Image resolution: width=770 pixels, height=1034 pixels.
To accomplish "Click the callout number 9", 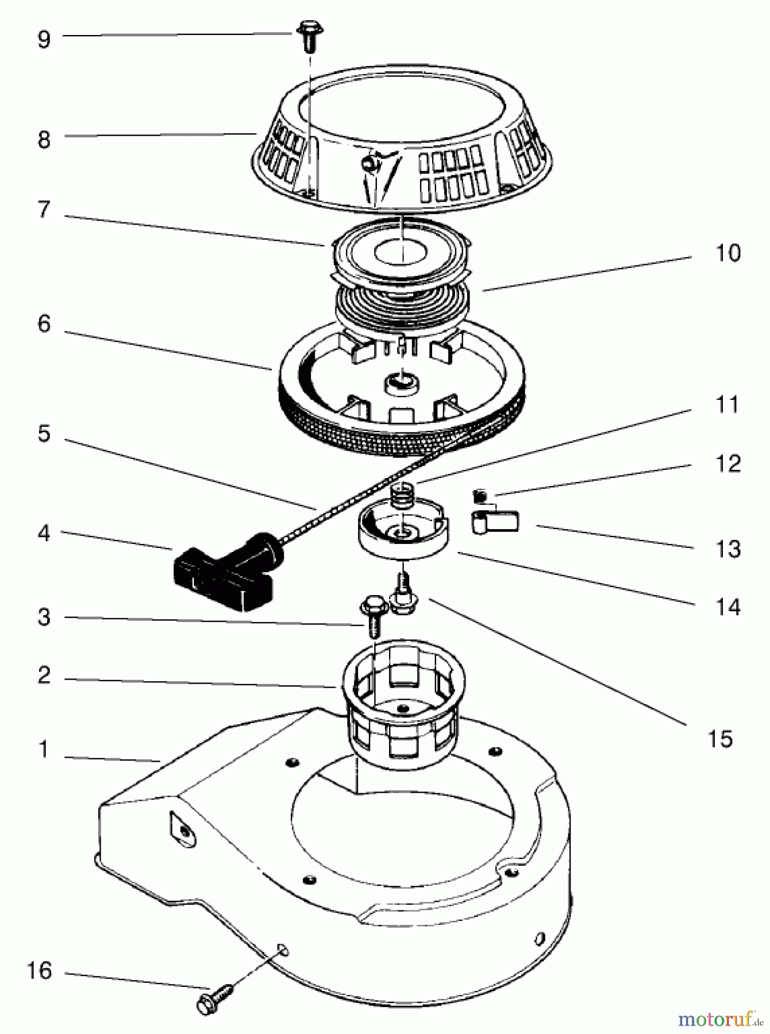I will [x=44, y=39].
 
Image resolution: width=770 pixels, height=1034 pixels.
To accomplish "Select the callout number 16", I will [x=38, y=971].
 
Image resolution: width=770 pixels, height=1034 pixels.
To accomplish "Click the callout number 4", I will [x=44, y=533].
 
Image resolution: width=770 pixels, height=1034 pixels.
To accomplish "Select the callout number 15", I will [x=720, y=738].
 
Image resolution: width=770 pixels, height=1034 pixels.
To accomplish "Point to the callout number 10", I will [x=727, y=253].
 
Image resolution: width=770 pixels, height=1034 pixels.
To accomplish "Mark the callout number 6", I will [x=44, y=324].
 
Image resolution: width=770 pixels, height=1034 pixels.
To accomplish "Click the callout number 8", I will [x=44, y=139].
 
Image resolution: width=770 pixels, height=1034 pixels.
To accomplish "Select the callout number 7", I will [x=44, y=210].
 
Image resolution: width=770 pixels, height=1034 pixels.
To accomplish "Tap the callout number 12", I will [x=727, y=464].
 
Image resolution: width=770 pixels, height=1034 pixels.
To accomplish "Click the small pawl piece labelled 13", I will [x=495, y=522].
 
